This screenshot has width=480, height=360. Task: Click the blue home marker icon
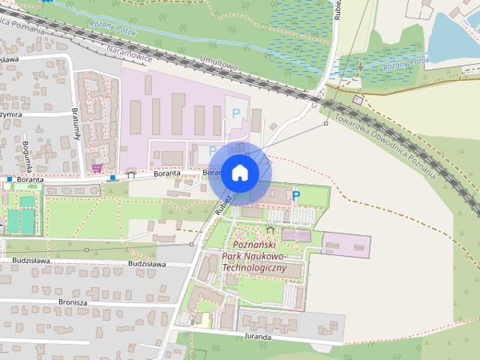click(239, 173)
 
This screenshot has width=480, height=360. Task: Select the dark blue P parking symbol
click(296, 196)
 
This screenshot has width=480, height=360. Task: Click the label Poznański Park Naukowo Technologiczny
click(255, 257)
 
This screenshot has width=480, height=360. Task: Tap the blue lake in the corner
click(454, 30)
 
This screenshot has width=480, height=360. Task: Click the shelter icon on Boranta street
click(131, 175)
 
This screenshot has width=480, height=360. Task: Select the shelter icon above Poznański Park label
click(270, 229)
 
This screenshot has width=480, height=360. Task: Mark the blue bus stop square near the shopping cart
click(112, 178)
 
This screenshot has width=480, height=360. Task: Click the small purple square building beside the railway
click(358, 100)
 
